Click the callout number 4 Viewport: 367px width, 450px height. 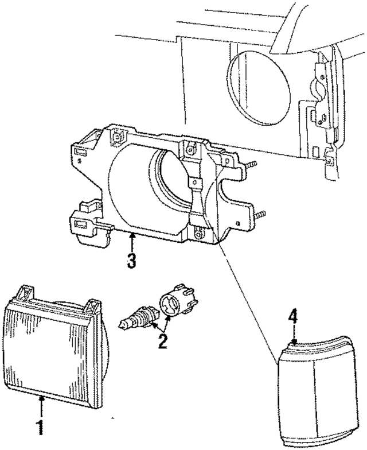(293, 316)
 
